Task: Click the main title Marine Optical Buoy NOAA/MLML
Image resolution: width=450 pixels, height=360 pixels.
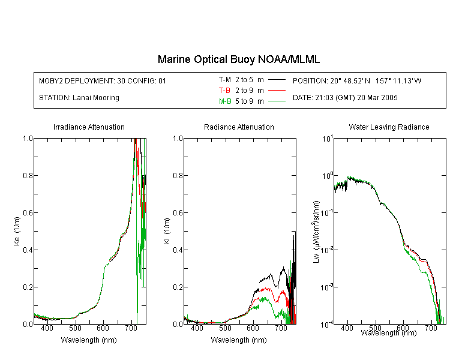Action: pos(238,59)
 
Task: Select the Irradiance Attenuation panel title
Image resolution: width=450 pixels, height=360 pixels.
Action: pos(89,127)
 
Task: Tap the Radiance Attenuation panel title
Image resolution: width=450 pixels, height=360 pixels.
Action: pos(239,127)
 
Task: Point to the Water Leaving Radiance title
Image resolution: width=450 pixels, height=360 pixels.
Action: pos(389,127)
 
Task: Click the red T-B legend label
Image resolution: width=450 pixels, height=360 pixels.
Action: pos(224,91)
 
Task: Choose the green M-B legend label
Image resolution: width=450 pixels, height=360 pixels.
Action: pos(225,101)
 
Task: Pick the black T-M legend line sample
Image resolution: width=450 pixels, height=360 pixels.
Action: pos(277,80)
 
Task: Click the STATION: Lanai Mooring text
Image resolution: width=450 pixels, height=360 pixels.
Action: pos(79,98)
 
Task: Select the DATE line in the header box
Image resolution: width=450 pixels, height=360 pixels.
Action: pos(345,98)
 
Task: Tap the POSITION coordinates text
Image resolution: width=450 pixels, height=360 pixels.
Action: pos(357,80)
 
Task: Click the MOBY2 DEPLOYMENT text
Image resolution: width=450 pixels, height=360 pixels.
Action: pos(103,80)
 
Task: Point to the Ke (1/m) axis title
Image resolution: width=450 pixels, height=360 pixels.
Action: pos(17,231)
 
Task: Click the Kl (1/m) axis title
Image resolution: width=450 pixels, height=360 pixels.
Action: pos(167,231)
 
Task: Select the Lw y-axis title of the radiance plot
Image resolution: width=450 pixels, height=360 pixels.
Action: pos(316,232)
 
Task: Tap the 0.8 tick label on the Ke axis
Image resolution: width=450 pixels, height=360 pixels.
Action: pos(28,175)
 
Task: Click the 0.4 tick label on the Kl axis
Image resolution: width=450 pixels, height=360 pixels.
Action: pos(178,250)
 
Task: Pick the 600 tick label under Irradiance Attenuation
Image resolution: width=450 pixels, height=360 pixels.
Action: pos(103,328)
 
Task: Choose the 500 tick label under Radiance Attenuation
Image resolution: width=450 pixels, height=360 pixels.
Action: pos(225,328)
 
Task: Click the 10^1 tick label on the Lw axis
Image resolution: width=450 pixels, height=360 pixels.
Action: pos(328,139)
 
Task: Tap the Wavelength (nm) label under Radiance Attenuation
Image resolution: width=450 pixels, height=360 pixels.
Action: pos(239,340)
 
